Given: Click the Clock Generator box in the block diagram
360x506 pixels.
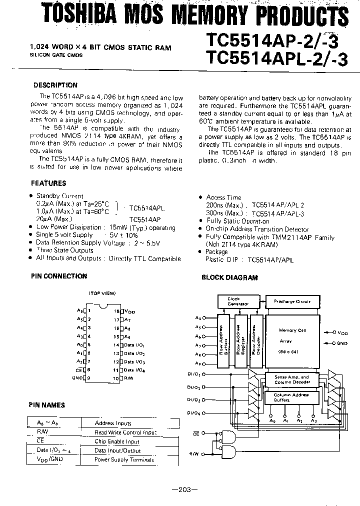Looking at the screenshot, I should click(234, 301).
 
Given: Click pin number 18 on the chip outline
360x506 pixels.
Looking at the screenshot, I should click(116, 310).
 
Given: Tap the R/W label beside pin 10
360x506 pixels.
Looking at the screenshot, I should click(129, 378).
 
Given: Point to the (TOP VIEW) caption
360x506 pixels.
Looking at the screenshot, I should click(102, 293).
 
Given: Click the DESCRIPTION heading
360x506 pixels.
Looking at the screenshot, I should click(55, 85).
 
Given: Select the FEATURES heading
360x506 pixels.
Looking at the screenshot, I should click(48, 183).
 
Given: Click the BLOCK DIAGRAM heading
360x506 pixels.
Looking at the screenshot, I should click(229, 277).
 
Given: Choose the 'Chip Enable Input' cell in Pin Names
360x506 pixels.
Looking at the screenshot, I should click(117, 441).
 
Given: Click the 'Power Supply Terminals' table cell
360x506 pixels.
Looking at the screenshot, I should click(124, 459).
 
